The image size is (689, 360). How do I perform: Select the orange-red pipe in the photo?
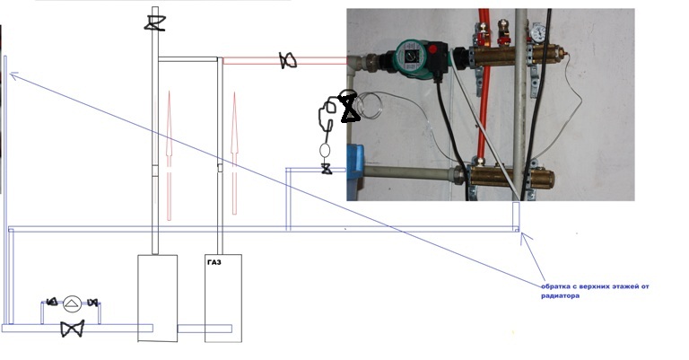pyautogui.click(x=485, y=108)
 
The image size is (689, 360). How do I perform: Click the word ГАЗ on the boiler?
pyautogui.click(x=213, y=264)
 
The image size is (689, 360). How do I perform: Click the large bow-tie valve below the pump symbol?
pyautogui.click(x=73, y=329)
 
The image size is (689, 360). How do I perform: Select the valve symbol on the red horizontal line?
pyautogui.click(x=288, y=61)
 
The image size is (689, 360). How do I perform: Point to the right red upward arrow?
pyautogui.click(x=236, y=148)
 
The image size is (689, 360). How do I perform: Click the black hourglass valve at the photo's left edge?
pyautogui.click(x=348, y=107)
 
